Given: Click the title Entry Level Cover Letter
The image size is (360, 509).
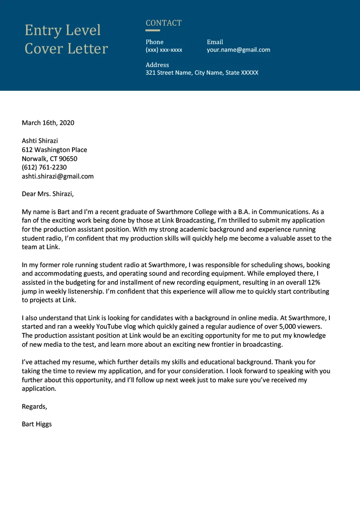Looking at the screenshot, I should click(x=66, y=39).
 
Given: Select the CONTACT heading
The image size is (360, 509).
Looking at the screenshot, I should click(x=163, y=23).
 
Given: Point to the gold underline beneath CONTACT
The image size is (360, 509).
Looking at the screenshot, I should click(x=153, y=31).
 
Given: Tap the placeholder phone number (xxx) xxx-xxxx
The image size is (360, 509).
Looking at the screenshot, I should click(x=164, y=50).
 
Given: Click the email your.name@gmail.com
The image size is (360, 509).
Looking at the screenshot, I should click(x=238, y=50).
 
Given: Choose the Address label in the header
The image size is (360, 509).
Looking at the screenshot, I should click(x=157, y=65).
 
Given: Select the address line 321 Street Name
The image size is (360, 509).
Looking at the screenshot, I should click(x=202, y=72).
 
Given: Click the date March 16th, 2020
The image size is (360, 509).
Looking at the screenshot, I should click(x=48, y=123).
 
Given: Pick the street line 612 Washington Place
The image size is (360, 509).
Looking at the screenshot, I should click(x=54, y=150).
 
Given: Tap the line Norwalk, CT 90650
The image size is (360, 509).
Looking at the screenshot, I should click(x=49, y=159).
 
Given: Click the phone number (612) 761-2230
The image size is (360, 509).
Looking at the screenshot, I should click(x=44, y=167).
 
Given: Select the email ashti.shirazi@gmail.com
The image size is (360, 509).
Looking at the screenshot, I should click(x=58, y=176).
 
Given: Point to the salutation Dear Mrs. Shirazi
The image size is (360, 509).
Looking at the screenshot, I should click(x=48, y=194).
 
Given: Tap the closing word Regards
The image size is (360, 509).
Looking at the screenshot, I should click(x=34, y=406).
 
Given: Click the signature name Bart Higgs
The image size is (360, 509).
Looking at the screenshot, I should click(x=37, y=424).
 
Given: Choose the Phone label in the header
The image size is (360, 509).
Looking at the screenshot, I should click(x=154, y=42).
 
